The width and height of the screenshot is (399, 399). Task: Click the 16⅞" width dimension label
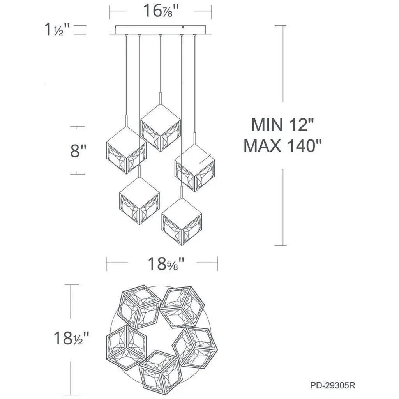point(161,11)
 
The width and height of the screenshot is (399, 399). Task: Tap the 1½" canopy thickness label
point(57,30)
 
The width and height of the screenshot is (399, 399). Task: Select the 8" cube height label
point(78,150)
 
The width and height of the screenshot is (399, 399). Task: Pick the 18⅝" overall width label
point(166,264)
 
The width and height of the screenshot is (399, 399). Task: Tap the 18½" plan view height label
point(72,338)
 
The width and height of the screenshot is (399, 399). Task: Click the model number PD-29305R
point(333,385)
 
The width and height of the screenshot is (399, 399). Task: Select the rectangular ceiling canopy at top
point(161,30)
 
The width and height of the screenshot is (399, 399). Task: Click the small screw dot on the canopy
point(183,27)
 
